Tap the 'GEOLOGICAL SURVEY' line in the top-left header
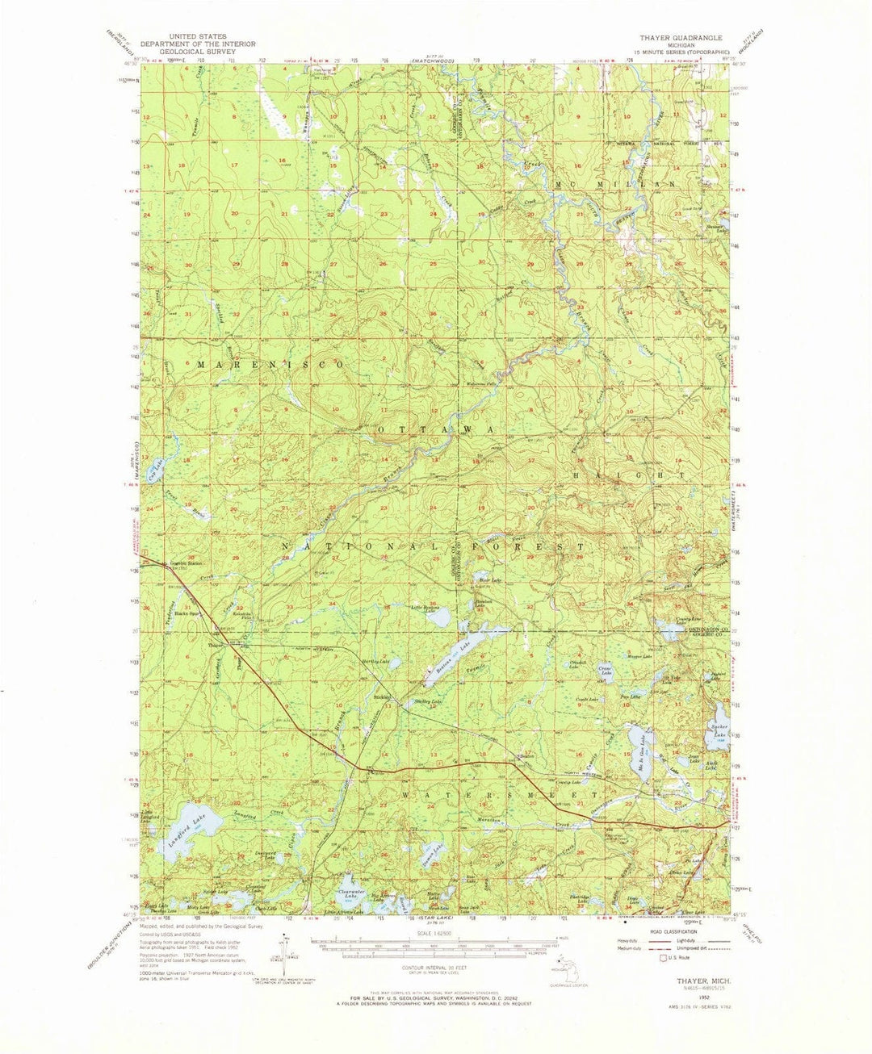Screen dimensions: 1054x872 pos(200,51)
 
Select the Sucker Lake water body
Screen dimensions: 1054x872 pos(718,721)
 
